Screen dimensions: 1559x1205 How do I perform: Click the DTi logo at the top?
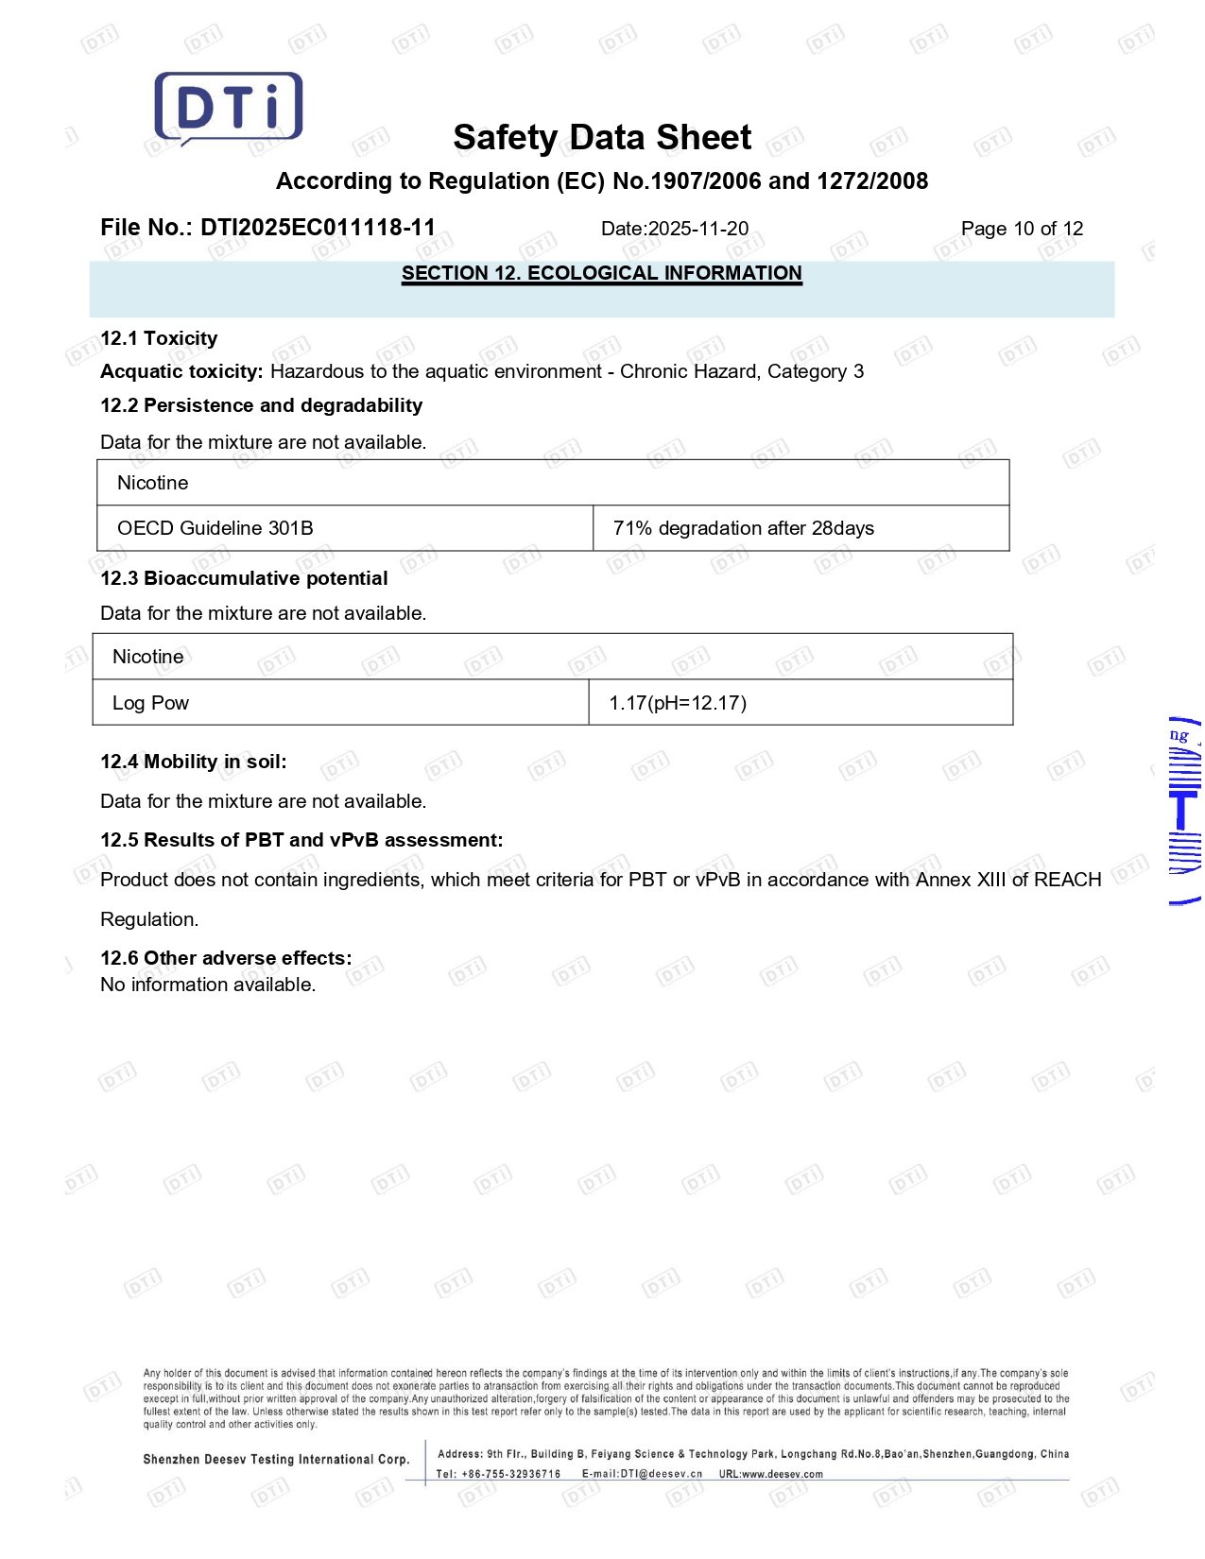pos(229,108)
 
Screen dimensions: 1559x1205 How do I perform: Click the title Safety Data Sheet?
pos(602,138)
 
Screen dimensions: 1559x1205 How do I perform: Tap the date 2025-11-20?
pos(698,229)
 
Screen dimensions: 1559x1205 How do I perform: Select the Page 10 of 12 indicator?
pos(1022,229)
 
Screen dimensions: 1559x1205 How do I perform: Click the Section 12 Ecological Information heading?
pos(601,273)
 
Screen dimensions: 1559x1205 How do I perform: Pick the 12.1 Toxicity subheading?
pos(159,338)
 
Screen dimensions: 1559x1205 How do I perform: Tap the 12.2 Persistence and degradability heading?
pos(261,405)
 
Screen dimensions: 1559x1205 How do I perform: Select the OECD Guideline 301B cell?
pos(215,528)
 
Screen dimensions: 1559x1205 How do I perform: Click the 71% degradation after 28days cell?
pos(743,528)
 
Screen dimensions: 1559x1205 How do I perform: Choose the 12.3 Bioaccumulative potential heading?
pos(244,578)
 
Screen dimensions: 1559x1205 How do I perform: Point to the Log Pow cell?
pos(150,703)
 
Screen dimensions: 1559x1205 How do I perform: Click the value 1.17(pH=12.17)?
pos(678,703)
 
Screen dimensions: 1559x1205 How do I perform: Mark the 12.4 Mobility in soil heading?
pos(193,762)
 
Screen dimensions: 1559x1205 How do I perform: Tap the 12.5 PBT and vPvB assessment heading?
pos(301,840)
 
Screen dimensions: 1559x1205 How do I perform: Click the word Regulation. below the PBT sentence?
pos(149,919)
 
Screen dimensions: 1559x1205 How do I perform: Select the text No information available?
pos(208,985)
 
